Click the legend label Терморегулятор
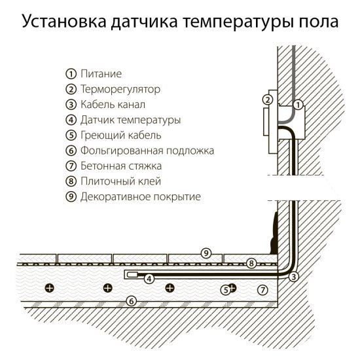point(120,89)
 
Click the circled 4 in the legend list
point(71,120)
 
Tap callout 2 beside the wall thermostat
point(266,100)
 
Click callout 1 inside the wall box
point(297,104)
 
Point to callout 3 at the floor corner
point(294,277)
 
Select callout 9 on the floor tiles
point(206,253)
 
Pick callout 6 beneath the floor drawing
point(131,302)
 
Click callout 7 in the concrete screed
point(262,288)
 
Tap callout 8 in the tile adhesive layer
point(251,263)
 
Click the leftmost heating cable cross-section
point(48,287)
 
